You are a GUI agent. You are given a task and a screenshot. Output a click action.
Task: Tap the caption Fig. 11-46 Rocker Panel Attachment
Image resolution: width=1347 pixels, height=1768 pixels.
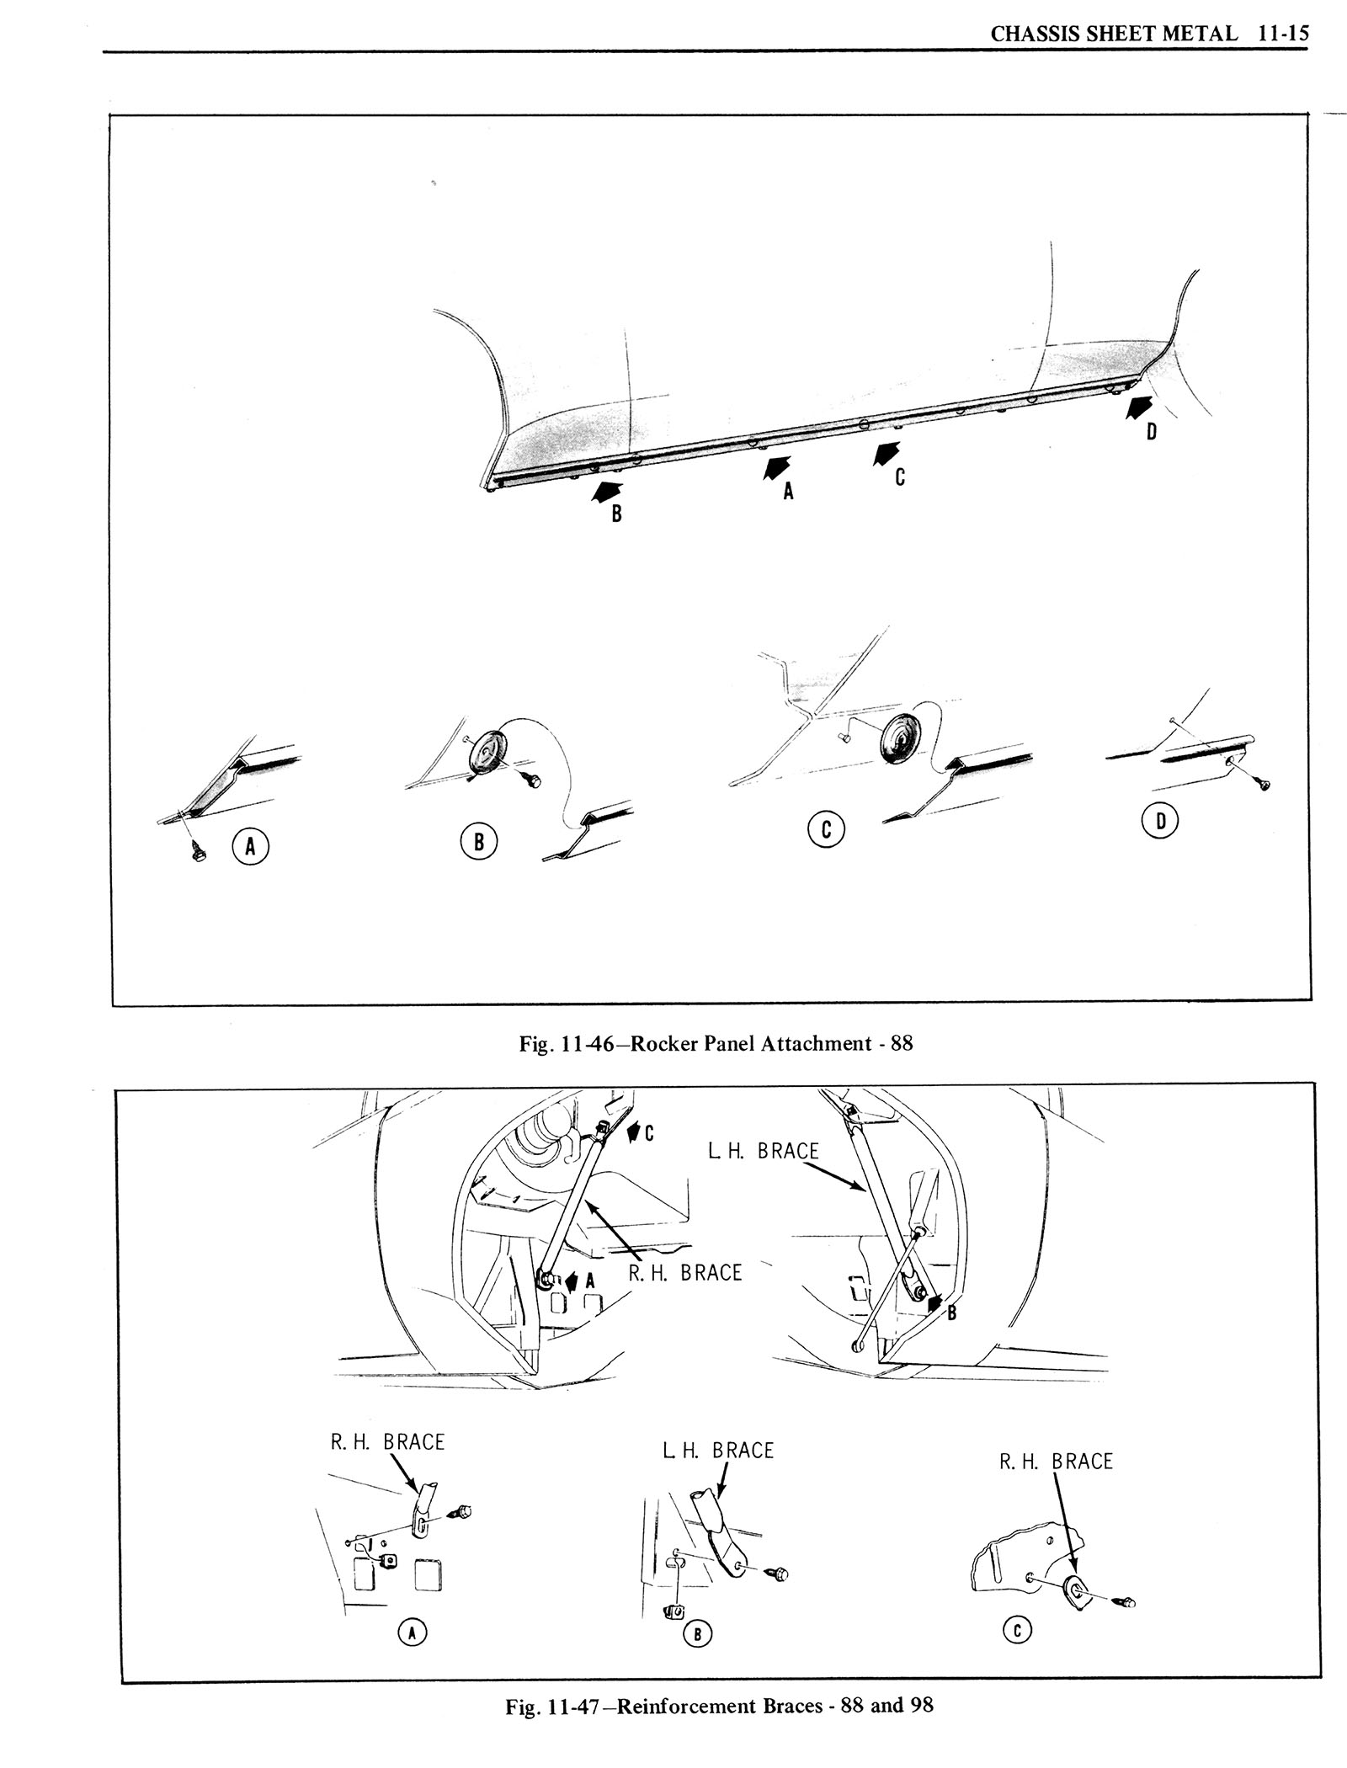pos(716,1044)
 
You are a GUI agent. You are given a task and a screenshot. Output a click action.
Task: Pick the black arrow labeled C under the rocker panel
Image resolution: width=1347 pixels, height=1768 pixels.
pos(884,452)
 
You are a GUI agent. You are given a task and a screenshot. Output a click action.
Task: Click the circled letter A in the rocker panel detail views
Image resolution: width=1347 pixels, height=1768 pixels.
pos(250,847)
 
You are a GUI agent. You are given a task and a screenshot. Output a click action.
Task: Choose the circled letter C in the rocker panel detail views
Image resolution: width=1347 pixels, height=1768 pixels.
pos(826,829)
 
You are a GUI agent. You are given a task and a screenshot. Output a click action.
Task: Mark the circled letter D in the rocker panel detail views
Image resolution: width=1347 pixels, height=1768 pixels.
pos(1160,822)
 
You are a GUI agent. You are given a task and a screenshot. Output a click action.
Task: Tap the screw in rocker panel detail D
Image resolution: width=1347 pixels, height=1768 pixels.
pos(1262,785)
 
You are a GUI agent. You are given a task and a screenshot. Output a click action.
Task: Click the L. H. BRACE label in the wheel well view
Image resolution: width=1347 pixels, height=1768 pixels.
pos(764,1151)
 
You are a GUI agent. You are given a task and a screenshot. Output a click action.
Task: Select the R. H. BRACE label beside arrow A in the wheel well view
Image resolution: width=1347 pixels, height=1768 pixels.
pos(685,1296)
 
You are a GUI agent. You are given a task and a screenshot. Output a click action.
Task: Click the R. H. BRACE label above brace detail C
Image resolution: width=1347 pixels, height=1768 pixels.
pos(1056,1462)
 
